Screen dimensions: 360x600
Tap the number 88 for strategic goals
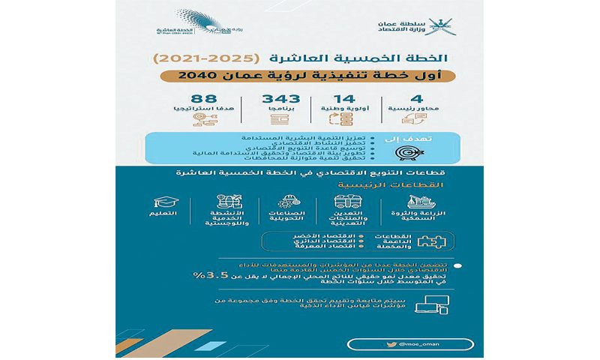coord(204,100)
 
